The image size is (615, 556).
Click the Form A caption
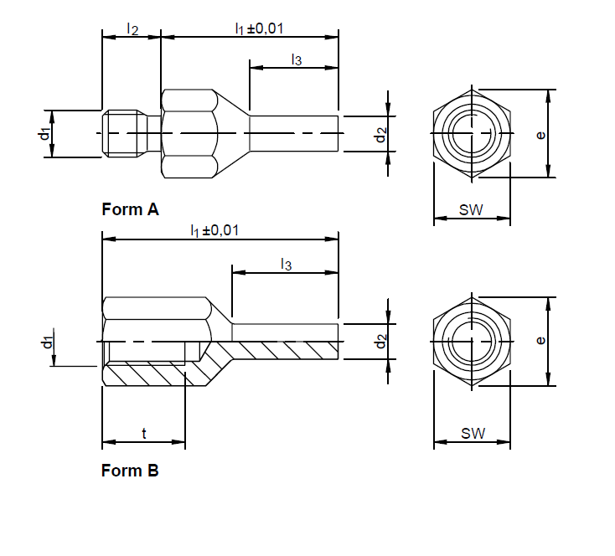[x=130, y=209]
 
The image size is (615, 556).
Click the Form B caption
[x=130, y=471]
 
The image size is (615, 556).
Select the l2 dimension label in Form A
[x=132, y=28]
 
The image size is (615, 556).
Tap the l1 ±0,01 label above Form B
[x=214, y=230]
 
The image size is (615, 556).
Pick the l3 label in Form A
[x=296, y=59]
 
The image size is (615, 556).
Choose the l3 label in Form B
[x=286, y=265]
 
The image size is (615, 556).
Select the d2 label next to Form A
[x=380, y=133]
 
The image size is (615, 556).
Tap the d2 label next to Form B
[x=380, y=342]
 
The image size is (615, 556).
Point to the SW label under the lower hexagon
[x=473, y=434]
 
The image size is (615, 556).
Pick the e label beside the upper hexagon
[x=541, y=134]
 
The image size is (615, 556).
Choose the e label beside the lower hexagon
[x=541, y=341]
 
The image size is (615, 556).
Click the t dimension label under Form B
[x=144, y=434]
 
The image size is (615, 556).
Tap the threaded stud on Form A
[x=126, y=133]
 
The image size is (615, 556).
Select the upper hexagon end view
[x=472, y=133]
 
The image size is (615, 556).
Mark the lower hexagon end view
[x=472, y=341]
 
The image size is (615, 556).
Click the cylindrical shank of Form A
[x=293, y=133]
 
